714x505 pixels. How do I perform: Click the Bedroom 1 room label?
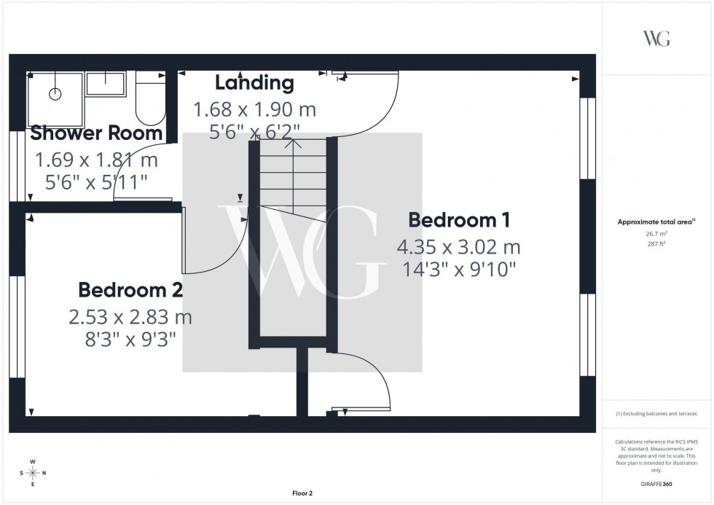pyautogui.click(x=458, y=219)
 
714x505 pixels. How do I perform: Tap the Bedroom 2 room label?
pyautogui.click(x=130, y=290)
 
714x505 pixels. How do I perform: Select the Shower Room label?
pyautogui.click(x=96, y=133)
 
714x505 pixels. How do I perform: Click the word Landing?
pyautogui.click(x=254, y=82)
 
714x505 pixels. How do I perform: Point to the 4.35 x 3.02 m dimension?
pyautogui.click(x=458, y=246)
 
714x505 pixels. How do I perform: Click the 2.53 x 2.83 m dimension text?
pyautogui.click(x=130, y=317)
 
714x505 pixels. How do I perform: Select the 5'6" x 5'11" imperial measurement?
pyautogui.click(x=97, y=182)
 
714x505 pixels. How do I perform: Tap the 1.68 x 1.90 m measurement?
pyautogui.click(x=254, y=110)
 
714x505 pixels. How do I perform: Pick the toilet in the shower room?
pyautogui.click(x=150, y=100)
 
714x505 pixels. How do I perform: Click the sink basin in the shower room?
pyautogui.click(x=106, y=84)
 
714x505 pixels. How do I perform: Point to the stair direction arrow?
pyautogui.click(x=293, y=144)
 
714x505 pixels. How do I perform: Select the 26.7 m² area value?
pyautogui.click(x=657, y=234)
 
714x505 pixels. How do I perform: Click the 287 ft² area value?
pyautogui.click(x=657, y=245)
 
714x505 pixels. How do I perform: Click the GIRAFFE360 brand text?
pyautogui.click(x=657, y=483)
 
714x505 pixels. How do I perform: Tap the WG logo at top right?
pyautogui.click(x=656, y=39)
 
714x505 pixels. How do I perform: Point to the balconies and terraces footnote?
pyautogui.click(x=656, y=413)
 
